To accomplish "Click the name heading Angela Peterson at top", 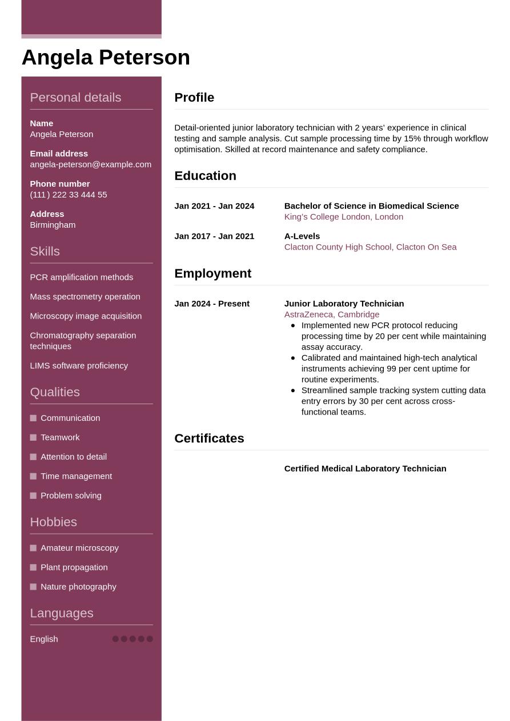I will (x=106, y=58).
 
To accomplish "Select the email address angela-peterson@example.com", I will (x=90, y=164).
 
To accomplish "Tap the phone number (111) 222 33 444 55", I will (x=68, y=195).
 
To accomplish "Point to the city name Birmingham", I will (x=53, y=225).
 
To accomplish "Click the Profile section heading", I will (x=194, y=98).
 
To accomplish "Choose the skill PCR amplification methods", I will (x=81, y=277).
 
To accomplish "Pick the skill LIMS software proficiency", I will (x=79, y=366).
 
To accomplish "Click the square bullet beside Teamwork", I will (x=33, y=438).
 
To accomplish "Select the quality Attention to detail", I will (x=73, y=457).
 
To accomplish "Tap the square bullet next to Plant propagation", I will (x=33, y=567).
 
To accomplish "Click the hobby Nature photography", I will (x=78, y=587).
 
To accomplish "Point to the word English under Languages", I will (x=44, y=639).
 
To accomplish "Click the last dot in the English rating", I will (x=150, y=639).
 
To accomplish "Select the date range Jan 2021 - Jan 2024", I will (x=214, y=206).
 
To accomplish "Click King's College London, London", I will (x=343, y=217).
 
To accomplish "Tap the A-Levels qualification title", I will (x=302, y=236).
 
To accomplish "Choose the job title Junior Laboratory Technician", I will (x=344, y=304).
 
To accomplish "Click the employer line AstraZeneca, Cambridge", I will (x=331, y=315).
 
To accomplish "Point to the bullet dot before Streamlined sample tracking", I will (x=293, y=390).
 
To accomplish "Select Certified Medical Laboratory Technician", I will (x=365, y=469).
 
